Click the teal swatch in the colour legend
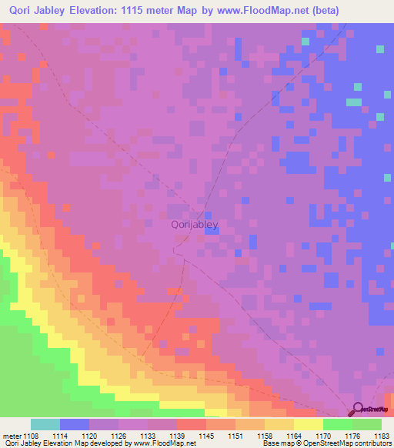[45, 424]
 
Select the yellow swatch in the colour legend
[309, 424]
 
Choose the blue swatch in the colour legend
[75, 424]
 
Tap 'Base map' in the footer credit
[276, 443]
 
